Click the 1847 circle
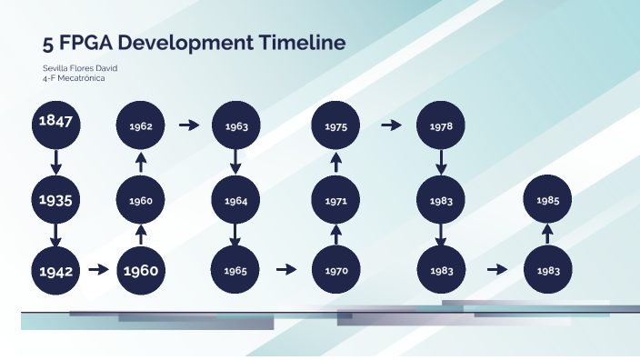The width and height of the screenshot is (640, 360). coord(55,123)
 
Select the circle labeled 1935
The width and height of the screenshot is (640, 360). coord(55,199)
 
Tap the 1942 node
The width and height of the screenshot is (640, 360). coord(55,269)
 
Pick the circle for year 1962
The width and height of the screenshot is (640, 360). coord(140,125)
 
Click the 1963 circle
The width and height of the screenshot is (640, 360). coord(236,125)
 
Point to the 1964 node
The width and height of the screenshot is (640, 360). coord(236,200)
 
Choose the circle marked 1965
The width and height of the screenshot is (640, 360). coord(236,269)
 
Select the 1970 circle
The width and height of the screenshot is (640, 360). coord(336,269)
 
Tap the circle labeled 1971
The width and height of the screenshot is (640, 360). coord(336,200)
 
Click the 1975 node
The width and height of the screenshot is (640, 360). coord(336,125)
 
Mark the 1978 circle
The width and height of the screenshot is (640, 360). coord(441,125)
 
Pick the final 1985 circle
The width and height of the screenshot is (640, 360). coord(548,199)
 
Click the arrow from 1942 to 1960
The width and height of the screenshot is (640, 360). coord(99,269)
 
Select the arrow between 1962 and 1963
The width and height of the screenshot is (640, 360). coord(189,125)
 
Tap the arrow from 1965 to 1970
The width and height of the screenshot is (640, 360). coord(286,269)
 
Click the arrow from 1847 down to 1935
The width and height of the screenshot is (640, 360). coord(55,161)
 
